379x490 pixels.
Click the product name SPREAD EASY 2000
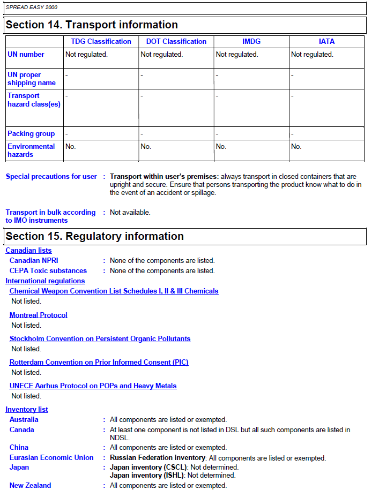(31, 7)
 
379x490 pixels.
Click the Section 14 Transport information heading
(92, 25)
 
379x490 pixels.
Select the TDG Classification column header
(101, 42)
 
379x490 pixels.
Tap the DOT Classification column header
(176, 42)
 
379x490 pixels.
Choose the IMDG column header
(251, 42)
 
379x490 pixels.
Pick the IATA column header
(326, 42)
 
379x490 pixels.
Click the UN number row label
(26, 55)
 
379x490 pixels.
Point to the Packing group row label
(31, 134)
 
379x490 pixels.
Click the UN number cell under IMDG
(236, 55)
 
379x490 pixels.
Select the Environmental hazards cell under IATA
(296, 147)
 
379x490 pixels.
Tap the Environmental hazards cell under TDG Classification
(71, 147)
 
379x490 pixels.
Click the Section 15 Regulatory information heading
(94, 237)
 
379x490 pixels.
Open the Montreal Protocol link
(39, 315)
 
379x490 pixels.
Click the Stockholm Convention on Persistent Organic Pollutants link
(100, 339)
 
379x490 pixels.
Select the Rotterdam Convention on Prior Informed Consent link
(99, 363)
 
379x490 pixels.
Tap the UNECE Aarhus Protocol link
(93, 386)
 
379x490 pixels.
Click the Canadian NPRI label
(34, 261)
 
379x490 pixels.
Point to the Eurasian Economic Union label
(51, 458)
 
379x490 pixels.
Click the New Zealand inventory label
(30, 486)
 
